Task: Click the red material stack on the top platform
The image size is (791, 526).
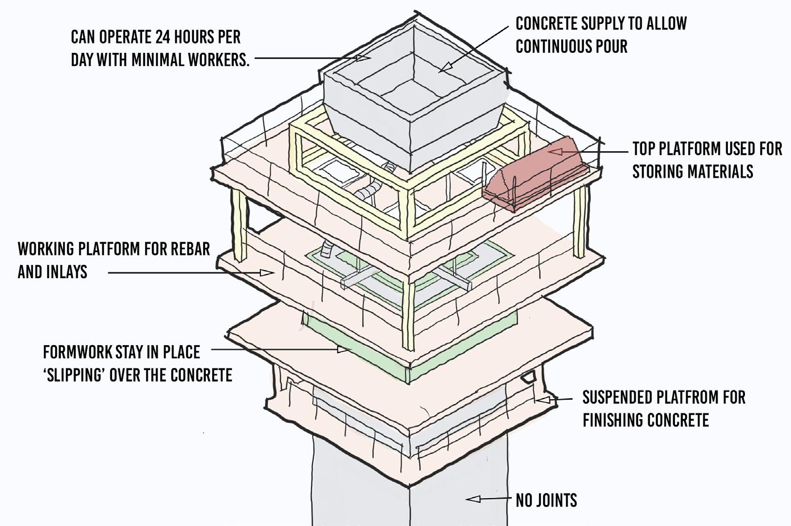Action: point(535,173)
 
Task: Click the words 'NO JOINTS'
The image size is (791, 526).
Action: point(546,500)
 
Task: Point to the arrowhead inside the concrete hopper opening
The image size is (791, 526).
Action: point(446,67)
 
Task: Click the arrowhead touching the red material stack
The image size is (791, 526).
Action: point(554,151)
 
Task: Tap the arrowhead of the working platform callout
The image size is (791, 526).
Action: point(267,273)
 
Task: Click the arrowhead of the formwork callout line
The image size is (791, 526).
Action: point(343,349)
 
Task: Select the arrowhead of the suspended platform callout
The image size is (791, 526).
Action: point(542,400)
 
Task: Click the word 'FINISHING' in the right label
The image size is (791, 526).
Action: point(614,420)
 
